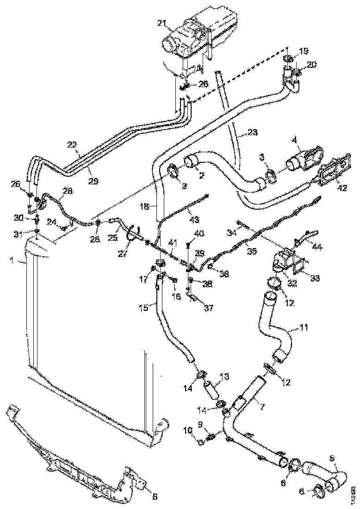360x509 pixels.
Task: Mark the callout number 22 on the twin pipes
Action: click(72, 144)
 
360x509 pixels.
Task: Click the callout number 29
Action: click(93, 181)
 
